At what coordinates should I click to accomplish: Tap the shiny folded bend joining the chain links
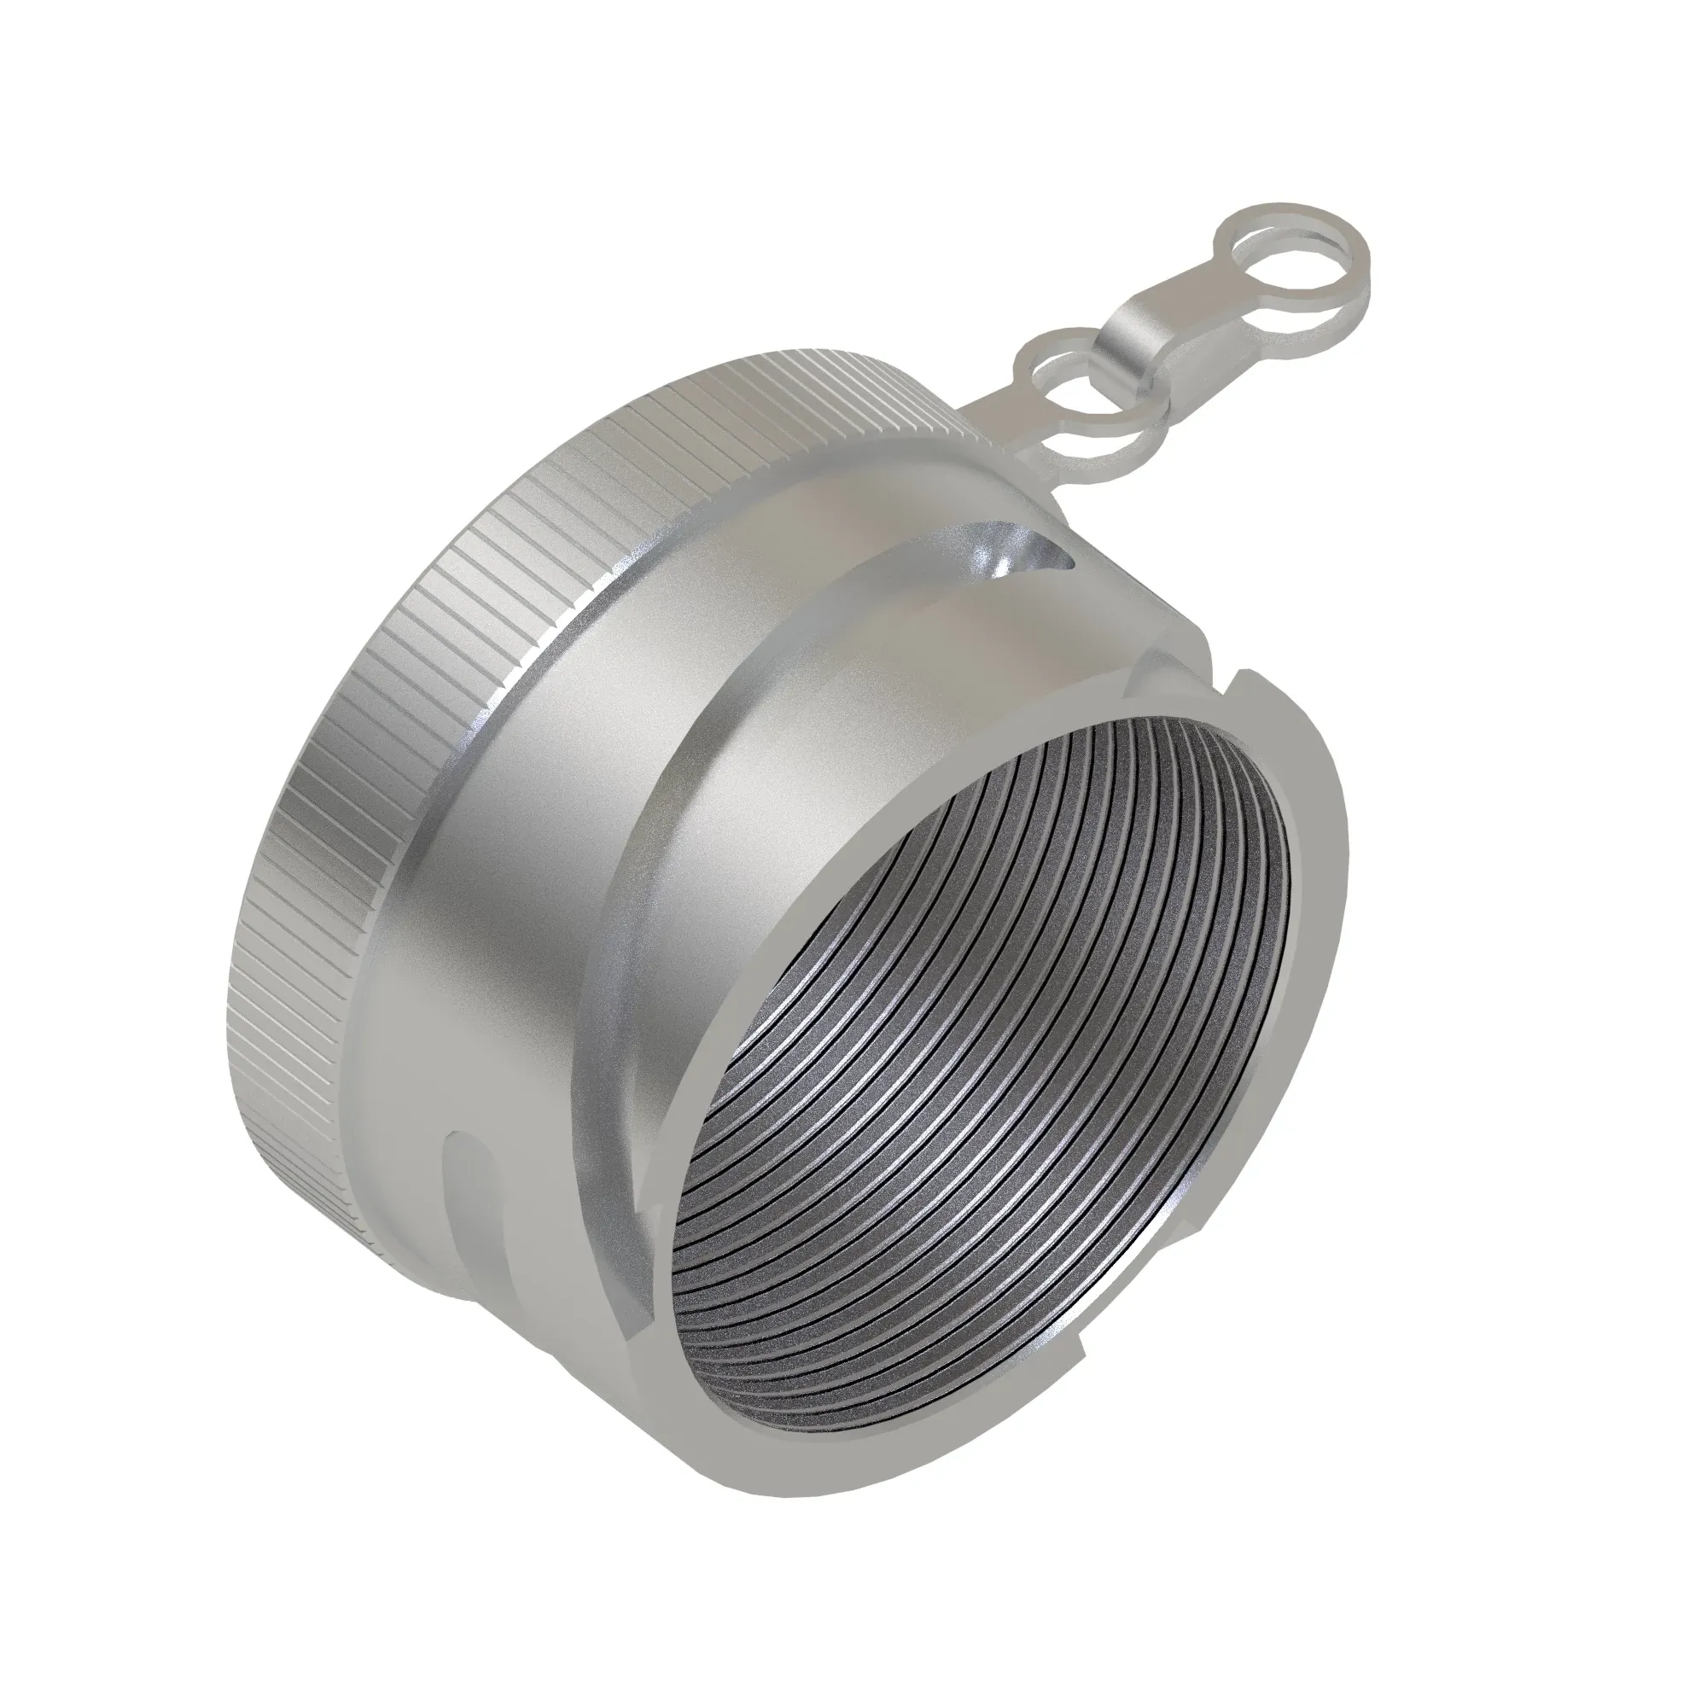tap(1133, 333)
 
